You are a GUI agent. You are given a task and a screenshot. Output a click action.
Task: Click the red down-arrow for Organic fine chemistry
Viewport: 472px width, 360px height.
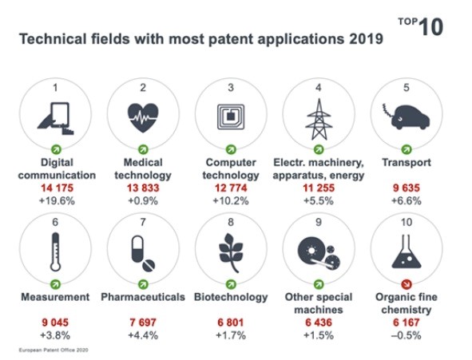coord(407,284)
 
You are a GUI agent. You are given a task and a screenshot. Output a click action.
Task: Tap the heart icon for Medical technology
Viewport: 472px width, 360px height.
coord(143,118)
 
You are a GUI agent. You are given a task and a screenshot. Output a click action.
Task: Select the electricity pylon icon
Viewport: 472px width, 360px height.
coord(319,120)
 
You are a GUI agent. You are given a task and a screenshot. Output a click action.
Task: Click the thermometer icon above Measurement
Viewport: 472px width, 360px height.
coord(55,252)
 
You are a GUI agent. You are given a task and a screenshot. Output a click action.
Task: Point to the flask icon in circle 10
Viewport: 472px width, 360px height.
coord(406,251)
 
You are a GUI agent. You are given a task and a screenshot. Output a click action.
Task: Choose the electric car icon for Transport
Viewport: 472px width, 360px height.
coord(406,117)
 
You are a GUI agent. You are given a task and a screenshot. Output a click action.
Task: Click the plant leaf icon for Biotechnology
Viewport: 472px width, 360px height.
coord(231,252)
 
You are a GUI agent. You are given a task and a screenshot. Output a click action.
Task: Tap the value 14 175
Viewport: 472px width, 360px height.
coord(58,188)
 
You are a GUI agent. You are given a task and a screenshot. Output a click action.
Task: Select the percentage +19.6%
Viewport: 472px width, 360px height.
coord(58,200)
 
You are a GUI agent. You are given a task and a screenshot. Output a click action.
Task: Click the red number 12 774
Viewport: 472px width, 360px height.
coord(231,188)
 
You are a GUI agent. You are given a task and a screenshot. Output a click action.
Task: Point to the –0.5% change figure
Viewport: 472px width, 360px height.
coord(406,335)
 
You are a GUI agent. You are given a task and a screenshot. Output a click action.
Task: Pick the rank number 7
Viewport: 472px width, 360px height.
coord(143,222)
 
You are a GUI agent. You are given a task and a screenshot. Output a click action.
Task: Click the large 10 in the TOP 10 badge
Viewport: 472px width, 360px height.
coord(430,27)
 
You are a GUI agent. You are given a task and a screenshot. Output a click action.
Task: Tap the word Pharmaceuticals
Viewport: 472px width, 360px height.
coord(143,297)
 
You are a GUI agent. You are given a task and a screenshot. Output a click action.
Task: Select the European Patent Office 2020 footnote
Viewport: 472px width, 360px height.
coord(54,350)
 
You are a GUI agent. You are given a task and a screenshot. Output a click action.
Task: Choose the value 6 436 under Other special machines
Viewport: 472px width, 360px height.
coord(319,322)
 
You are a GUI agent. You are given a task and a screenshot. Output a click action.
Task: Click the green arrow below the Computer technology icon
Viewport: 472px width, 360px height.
coord(231,149)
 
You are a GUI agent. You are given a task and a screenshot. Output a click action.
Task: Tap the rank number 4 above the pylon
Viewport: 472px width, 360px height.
coord(319,88)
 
